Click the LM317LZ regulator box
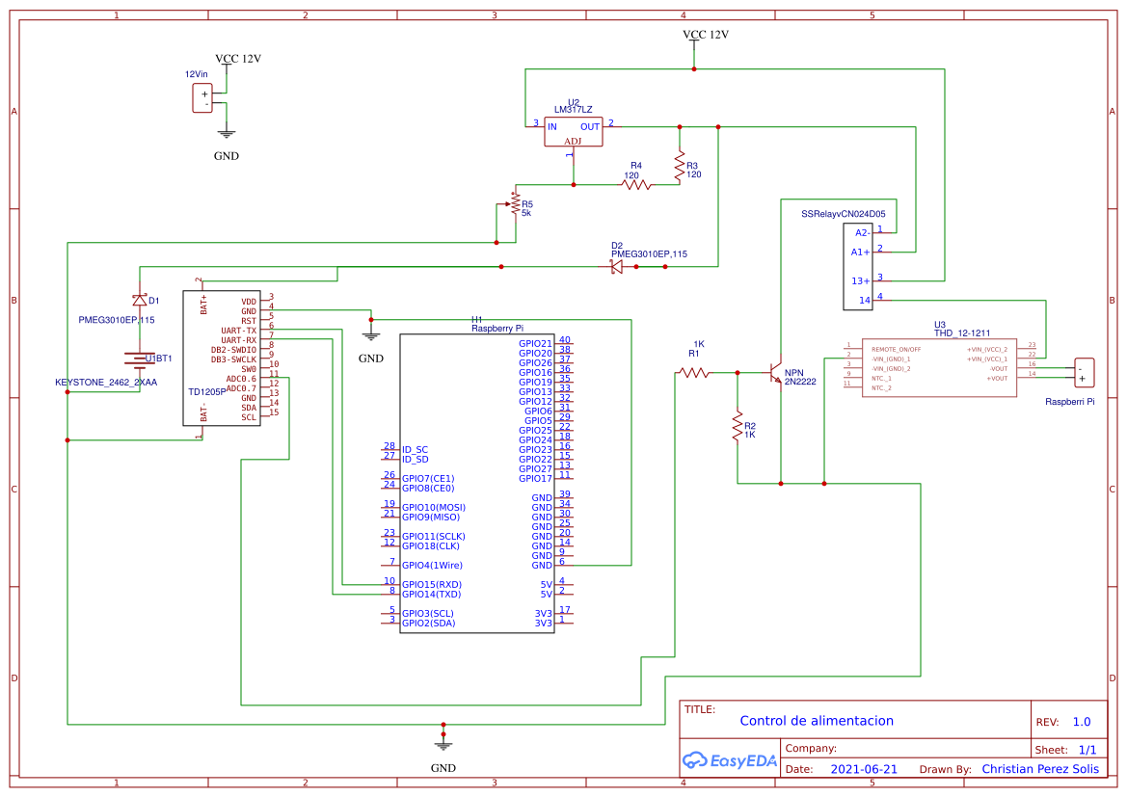(x=573, y=132)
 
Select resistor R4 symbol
(x=636, y=184)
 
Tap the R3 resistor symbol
(x=680, y=166)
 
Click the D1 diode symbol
(x=140, y=300)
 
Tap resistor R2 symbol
(x=738, y=424)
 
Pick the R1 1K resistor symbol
(x=694, y=372)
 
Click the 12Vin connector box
(x=202, y=98)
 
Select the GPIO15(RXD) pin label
(x=432, y=585)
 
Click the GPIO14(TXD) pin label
(x=432, y=595)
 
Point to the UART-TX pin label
(x=238, y=330)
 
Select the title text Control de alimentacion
(x=817, y=721)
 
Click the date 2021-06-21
(x=864, y=769)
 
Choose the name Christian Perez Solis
(x=1039, y=769)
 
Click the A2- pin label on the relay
(x=862, y=232)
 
